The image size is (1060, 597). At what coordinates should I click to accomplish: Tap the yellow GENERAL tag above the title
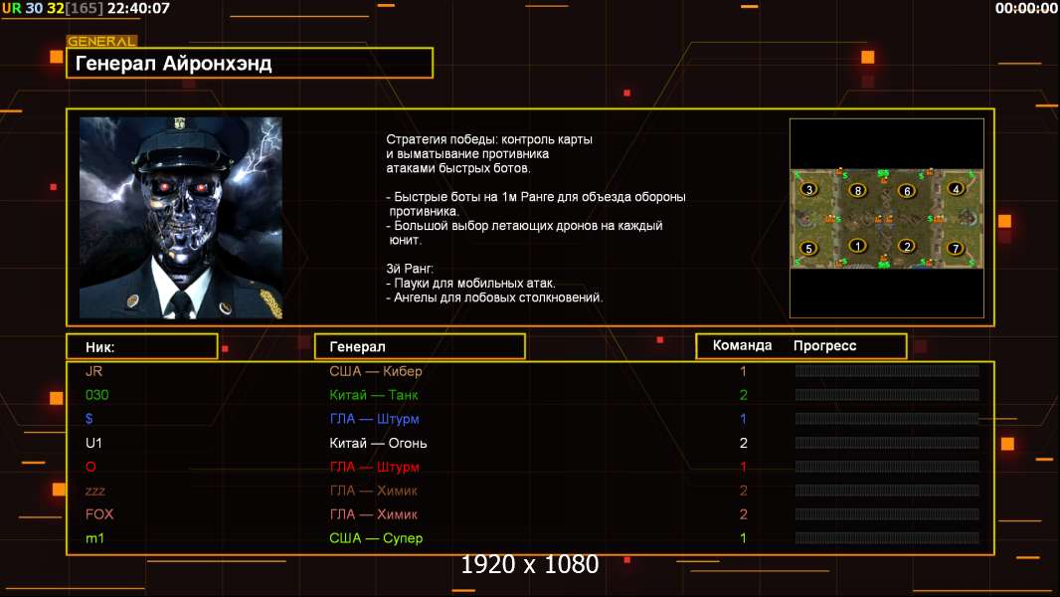click(x=101, y=42)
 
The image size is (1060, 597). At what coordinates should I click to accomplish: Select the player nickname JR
click(x=94, y=371)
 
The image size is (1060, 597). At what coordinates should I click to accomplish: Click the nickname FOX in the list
click(x=99, y=514)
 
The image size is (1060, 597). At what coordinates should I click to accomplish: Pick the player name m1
click(x=95, y=538)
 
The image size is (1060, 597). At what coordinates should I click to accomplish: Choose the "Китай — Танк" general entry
click(x=373, y=395)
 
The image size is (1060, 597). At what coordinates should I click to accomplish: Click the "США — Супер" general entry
click(x=376, y=538)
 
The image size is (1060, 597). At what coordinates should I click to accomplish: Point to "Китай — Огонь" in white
click(x=378, y=443)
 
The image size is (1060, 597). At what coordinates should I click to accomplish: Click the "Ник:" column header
click(x=100, y=346)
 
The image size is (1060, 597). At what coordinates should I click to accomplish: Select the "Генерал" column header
click(x=357, y=346)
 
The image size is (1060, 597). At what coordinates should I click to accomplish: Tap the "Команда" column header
click(x=742, y=345)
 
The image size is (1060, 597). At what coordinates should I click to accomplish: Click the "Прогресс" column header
click(x=824, y=345)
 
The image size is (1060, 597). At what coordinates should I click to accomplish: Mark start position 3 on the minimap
click(x=809, y=189)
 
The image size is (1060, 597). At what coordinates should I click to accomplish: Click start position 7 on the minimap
click(x=956, y=248)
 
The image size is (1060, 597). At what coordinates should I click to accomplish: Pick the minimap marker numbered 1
click(x=858, y=246)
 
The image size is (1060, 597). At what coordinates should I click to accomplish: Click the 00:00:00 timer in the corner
click(x=1026, y=8)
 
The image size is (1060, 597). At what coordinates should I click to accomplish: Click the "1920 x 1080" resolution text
click(x=530, y=564)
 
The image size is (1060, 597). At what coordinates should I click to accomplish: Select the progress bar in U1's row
click(x=887, y=443)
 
